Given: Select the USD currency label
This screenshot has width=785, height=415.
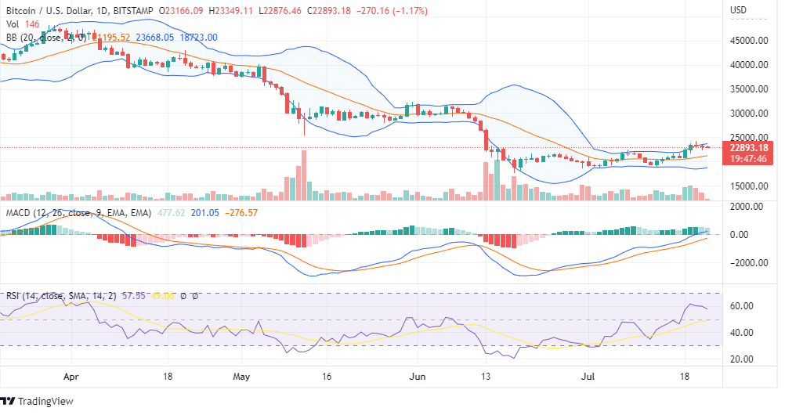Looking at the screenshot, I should point(737,9).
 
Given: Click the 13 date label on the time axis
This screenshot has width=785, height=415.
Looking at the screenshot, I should point(487,376).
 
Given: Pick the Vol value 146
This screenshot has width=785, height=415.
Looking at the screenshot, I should point(31,23).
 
